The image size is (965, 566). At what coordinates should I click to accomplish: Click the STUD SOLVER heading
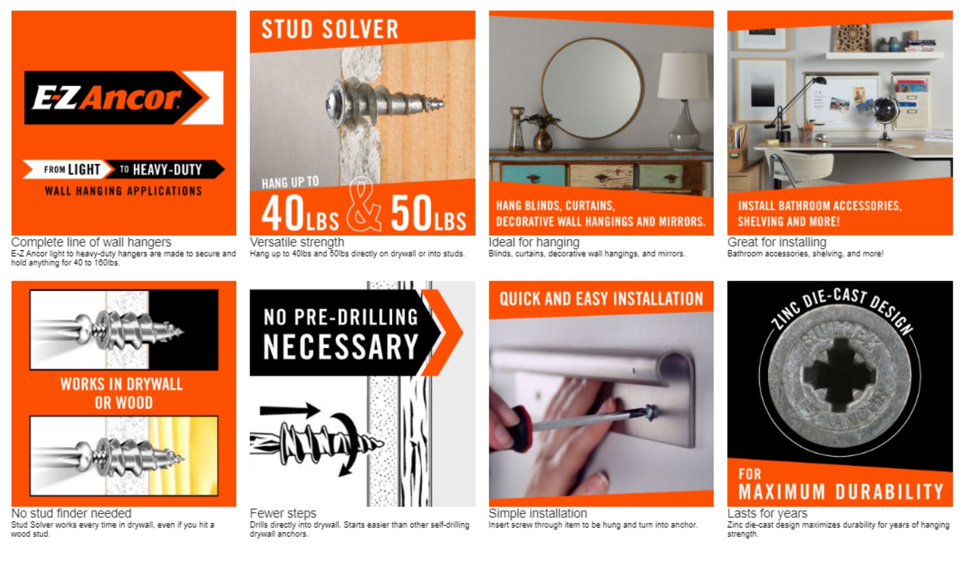pyautogui.click(x=330, y=29)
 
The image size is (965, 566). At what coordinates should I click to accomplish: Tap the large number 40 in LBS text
pyautogui.click(x=283, y=213)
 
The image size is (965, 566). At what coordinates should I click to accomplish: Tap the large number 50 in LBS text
pyautogui.click(x=411, y=213)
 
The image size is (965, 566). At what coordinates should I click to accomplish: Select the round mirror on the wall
pyautogui.click(x=592, y=88)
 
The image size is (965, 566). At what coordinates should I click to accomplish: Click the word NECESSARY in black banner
pyautogui.click(x=341, y=347)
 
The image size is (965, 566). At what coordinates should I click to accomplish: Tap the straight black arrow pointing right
pyautogui.click(x=289, y=410)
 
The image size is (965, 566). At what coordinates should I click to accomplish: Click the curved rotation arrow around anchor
pyautogui.click(x=347, y=443)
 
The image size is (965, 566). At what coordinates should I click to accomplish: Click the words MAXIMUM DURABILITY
pyautogui.click(x=840, y=492)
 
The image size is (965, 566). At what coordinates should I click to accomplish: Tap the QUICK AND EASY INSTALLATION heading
pyautogui.click(x=601, y=299)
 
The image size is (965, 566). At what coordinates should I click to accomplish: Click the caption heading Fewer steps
pyautogui.click(x=283, y=513)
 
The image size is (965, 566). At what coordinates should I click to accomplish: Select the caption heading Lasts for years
pyautogui.click(x=767, y=513)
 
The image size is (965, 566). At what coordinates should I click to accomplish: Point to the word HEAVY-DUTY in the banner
pyautogui.click(x=167, y=170)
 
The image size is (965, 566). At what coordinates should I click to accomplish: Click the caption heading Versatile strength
pyautogui.click(x=297, y=242)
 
